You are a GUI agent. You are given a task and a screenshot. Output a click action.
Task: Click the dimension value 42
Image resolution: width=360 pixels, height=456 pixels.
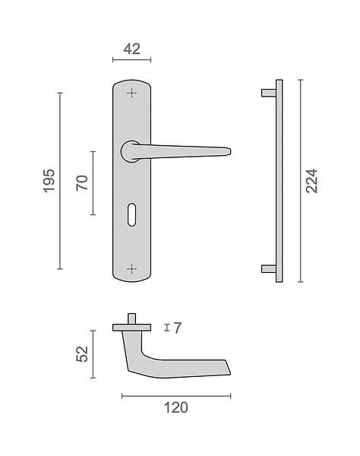tap(131, 49)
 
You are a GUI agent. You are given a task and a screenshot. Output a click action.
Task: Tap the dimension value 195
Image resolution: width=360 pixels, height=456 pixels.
tap(49, 181)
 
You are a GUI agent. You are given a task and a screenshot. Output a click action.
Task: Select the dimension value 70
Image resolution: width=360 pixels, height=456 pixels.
tap(82, 183)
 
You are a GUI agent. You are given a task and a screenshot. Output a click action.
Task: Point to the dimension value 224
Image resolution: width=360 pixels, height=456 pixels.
tap(311, 181)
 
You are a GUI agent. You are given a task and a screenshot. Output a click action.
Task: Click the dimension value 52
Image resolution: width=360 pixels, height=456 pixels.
tap(82, 354)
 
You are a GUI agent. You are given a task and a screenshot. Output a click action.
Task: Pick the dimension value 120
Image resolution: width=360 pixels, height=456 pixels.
tap(176, 407)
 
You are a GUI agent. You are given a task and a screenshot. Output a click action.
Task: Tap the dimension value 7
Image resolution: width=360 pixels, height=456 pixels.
tap(178, 328)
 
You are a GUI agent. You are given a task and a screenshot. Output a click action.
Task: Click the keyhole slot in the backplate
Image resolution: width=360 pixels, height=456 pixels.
tap(131, 214)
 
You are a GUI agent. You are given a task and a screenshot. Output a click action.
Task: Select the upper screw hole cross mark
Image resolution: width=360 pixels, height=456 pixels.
tap(131, 93)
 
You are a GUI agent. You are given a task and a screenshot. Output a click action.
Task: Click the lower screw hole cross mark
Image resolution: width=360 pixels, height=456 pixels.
tap(131, 269)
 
